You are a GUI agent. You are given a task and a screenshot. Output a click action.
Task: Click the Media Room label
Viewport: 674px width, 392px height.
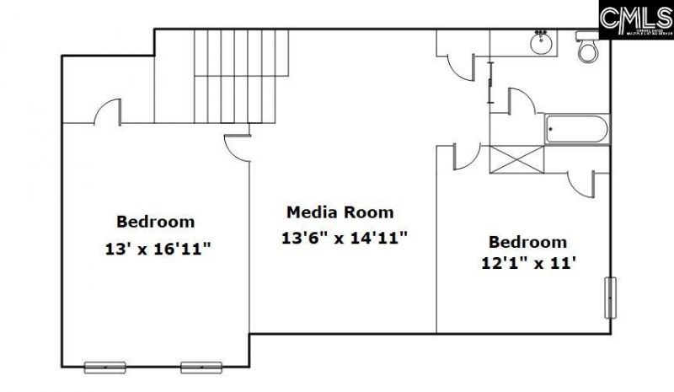pos(340,212)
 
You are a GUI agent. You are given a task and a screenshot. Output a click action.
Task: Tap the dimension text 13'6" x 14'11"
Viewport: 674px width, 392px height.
pos(345,238)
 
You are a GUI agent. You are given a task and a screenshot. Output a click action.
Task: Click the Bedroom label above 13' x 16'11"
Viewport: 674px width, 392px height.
pos(156,223)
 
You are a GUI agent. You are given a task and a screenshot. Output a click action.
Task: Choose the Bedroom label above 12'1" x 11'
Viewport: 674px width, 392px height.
pos(528,242)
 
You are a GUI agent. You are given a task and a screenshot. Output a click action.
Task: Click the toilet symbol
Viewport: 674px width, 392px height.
pos(586,48)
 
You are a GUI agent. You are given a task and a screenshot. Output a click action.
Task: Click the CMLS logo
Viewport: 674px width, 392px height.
pos(636,19)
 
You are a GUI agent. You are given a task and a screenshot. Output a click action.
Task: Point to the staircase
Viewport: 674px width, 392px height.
pos(242,76)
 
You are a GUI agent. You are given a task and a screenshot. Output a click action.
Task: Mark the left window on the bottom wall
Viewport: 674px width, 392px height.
pos(105,367)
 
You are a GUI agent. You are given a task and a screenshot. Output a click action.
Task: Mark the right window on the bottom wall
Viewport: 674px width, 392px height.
pos(201,367)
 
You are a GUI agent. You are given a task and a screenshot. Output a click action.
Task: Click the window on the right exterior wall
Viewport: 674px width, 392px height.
pos(611,298)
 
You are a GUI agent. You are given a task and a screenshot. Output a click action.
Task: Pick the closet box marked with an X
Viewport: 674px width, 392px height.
pos(517,159)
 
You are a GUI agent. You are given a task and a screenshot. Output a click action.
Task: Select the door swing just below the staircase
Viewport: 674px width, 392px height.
pos(238,146)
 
